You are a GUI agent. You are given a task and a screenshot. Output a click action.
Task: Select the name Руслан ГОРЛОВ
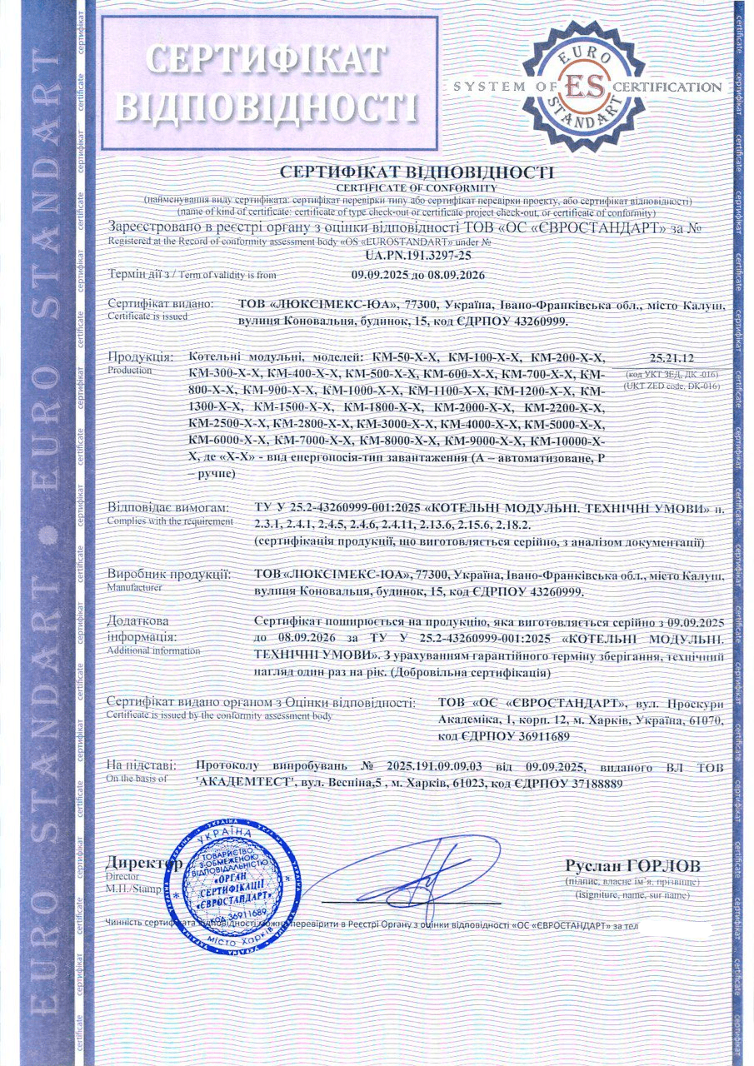632,864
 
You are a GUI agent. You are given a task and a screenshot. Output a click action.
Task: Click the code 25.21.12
660,356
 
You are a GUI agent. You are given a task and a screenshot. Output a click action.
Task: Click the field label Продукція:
140,357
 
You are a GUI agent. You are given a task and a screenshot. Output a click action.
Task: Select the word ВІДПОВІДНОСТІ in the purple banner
267,105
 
